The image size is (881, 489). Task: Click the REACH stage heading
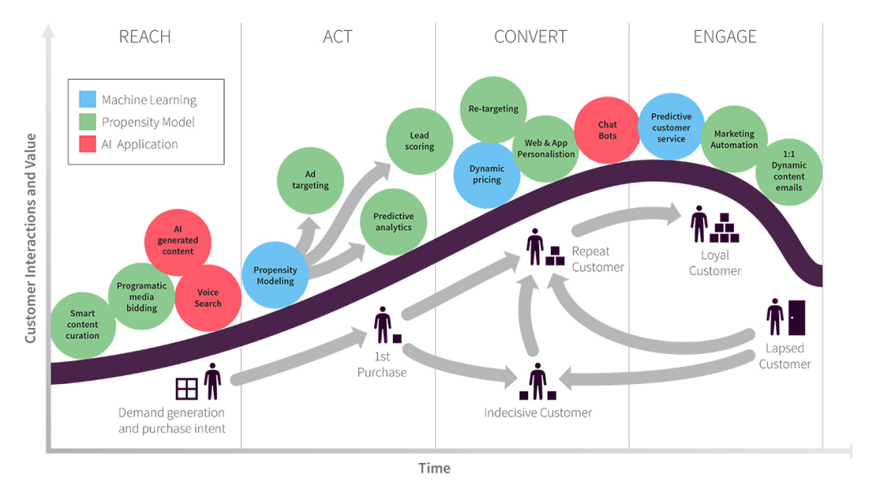145,37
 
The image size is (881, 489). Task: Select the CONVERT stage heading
530,37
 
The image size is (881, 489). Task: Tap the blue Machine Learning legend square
87,100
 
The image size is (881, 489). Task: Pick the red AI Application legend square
87,144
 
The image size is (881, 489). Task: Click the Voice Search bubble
208,298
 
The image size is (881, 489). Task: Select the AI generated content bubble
177,241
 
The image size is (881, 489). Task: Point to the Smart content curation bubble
82,325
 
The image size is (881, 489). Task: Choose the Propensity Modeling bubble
275,275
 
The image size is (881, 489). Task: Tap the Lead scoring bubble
419,141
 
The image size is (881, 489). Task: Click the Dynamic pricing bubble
486,174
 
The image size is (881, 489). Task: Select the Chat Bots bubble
607,130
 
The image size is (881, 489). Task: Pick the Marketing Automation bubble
734,139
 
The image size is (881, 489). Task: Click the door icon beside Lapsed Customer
796,317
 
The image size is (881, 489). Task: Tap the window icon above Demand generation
187,388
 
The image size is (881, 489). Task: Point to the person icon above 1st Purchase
382,325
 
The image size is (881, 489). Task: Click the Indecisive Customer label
538,413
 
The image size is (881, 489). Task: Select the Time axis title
434,468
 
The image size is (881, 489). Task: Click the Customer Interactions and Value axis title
30,238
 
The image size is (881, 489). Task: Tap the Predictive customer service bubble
671,128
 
